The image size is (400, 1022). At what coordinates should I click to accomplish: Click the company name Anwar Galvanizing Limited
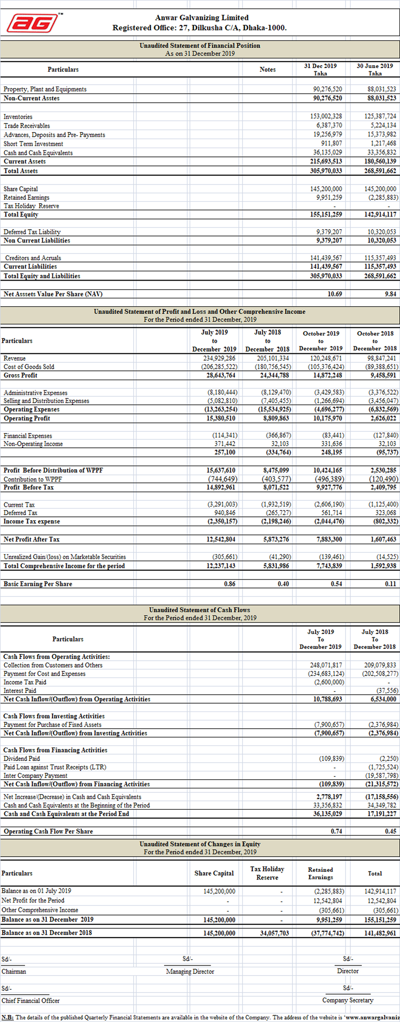pyautogui.click(x=202, y=18)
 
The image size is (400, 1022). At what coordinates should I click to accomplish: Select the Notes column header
pyautogui.click(x=268, y=70)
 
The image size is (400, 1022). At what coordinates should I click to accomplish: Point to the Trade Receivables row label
pyautogui.click(x=27, y=126)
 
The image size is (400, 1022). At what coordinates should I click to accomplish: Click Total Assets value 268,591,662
pyautogui.click(x=380, y=171)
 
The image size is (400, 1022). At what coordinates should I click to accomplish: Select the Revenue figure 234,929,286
pyautogui.click(x=219, y=358)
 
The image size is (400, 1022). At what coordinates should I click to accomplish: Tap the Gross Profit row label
pyautogui.click(x=21, y=375)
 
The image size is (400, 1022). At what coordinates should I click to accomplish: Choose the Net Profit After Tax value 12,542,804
pyautogui.click(x=221, y=539)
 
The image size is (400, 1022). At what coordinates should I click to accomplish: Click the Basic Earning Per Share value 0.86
pyautogui.click(x=229, y=583)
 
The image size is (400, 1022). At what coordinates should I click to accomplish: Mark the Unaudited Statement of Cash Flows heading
pyautogui.click(x=199, y=610)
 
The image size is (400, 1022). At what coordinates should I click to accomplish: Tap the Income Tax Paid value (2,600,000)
pyautogui.click(x=329, y=682)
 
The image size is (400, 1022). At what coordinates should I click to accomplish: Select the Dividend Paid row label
pyautogui.click(x=22, y=759)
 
